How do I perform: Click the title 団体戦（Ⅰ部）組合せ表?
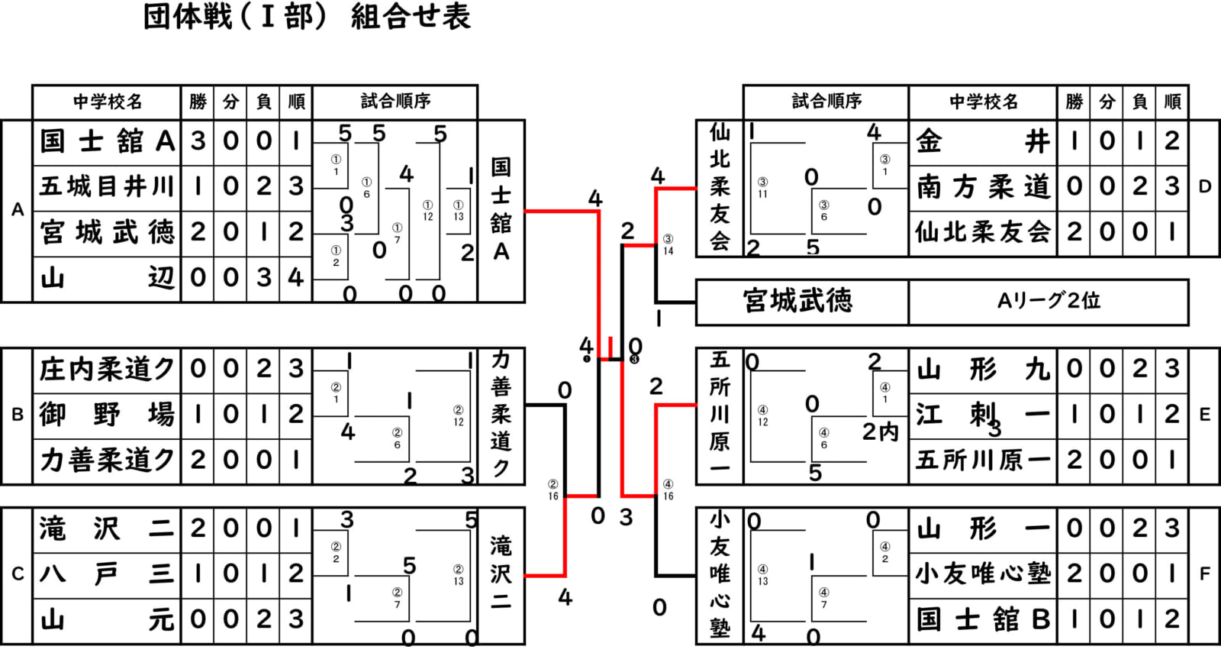(x=307, y=17)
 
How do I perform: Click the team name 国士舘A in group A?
(x=107, y=141)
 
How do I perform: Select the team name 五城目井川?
(x=107, y=186)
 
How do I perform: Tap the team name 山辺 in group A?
(x=107, y=278)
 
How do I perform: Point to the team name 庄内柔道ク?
(x=107, y=370)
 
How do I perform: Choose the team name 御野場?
(x=107, y=415)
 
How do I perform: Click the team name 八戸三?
(x=107, y=574)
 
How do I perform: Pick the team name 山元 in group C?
(x=107, y=619)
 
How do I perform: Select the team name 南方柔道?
(x=983, y=187)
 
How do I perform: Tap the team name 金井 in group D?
(x=983, y=141)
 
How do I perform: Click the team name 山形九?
(x=983, y=370)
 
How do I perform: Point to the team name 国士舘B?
(x=983, y=619)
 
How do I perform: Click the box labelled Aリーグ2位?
(x=1049, y=301)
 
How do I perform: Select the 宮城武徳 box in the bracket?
(x=798, y=301)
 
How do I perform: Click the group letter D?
(x=1205, y=187)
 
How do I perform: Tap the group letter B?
(x=17, y=415)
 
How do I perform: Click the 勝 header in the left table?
(x=198, y=102)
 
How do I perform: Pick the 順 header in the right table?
(x=1173, y=102)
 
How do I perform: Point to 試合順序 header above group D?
(x=826, y=102)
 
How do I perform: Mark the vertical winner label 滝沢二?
(x=501, y=574)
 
